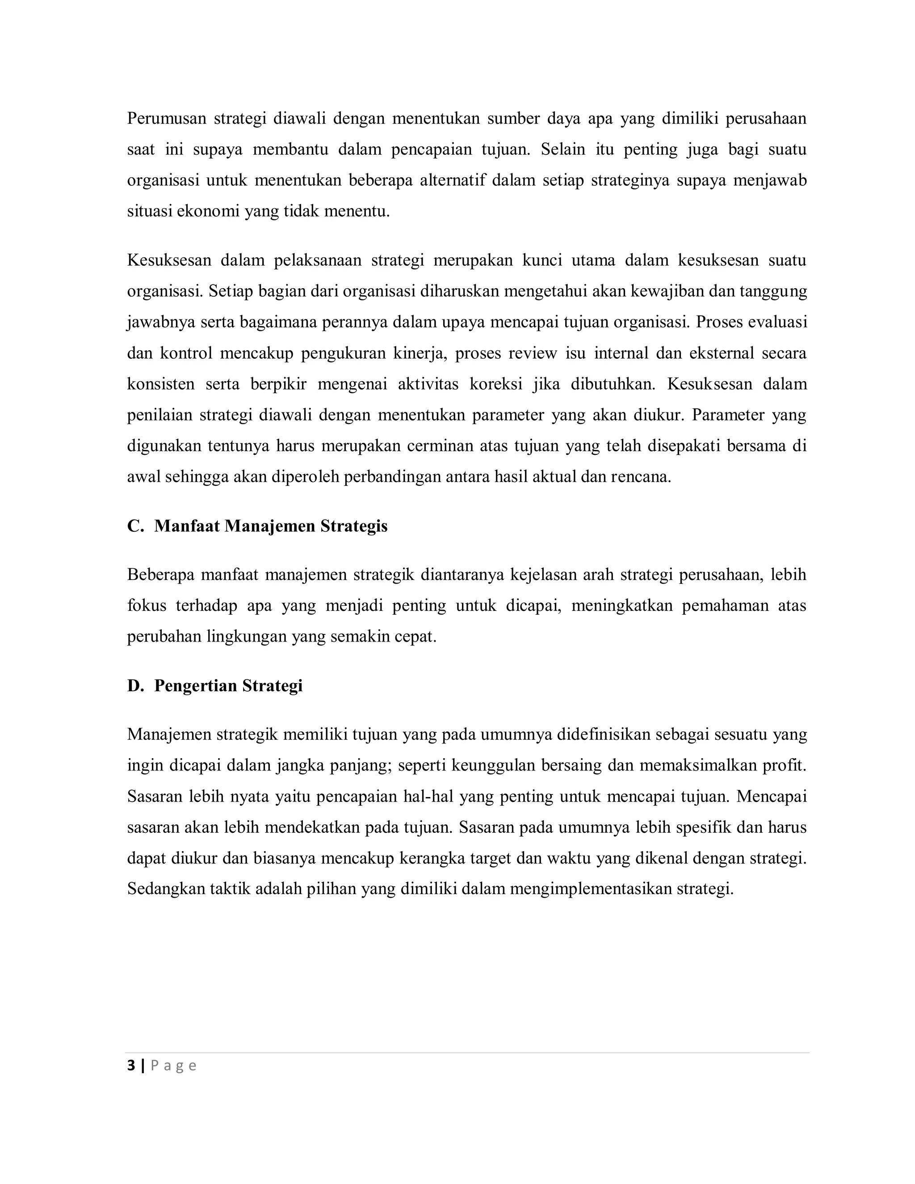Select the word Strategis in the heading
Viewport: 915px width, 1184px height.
[x=353, y=526]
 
